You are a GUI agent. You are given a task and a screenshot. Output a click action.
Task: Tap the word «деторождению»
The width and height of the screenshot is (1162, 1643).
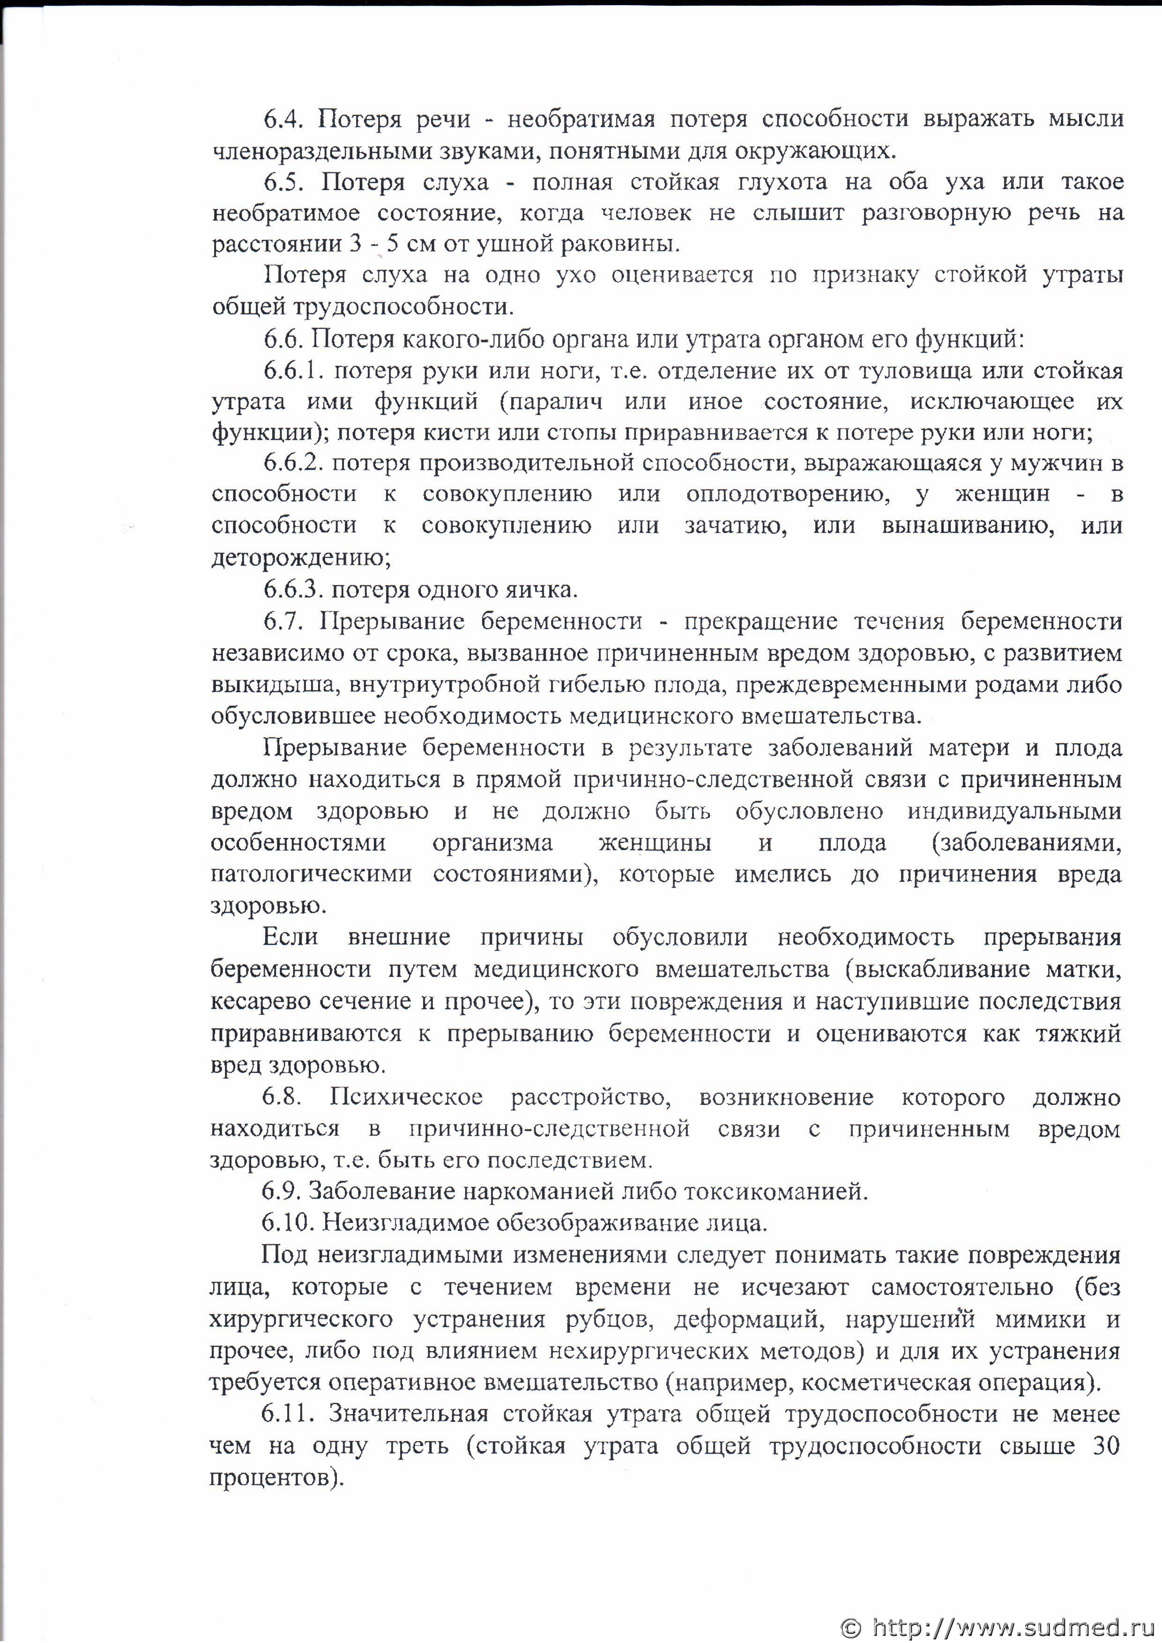coord(301,557)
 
